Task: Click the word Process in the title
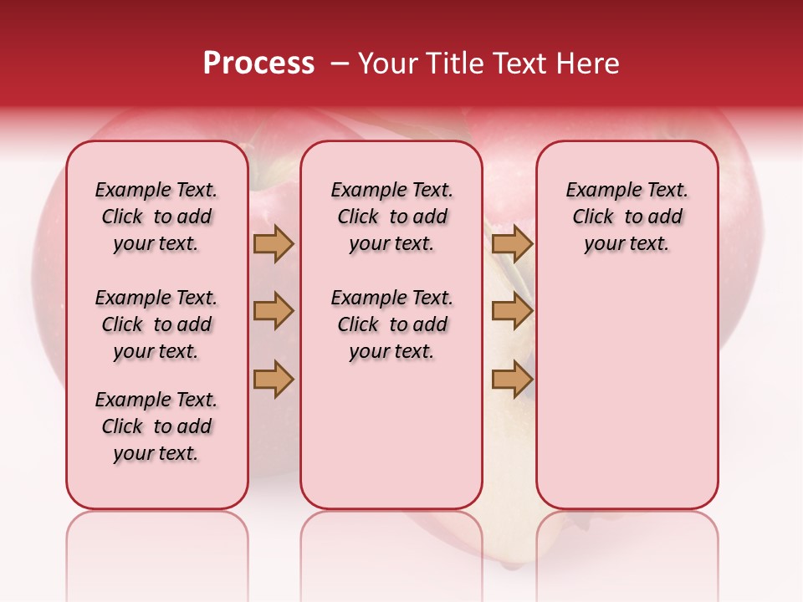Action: (x=258, y=63)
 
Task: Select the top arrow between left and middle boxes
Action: (x=274, y=243)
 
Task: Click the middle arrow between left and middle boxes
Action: (x=274, y=311)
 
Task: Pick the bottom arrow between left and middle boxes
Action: (x=274, y=380)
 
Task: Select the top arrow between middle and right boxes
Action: (x=512, y=243)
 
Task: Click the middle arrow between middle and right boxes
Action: (x=512, y=311)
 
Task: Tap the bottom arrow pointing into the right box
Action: (x=512, y=380)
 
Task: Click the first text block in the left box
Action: (x=156, y=217)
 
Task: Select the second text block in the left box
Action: (x=156, y=324)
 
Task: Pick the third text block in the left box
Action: (x=156, y=426)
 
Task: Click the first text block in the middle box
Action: (x=391, y=217)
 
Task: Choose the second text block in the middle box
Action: (x=391, y=324)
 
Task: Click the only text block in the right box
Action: (x=627, y=217)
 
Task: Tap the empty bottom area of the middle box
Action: (x=391, y=443)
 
